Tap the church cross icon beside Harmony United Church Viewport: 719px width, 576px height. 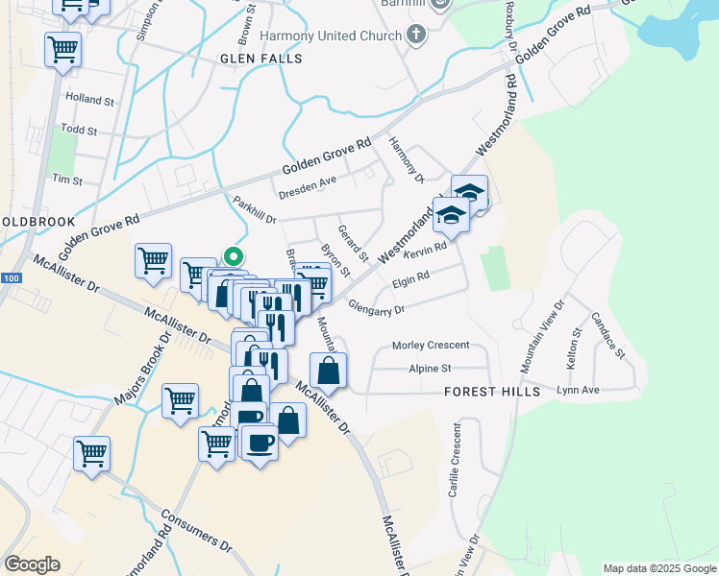tap(415, 36)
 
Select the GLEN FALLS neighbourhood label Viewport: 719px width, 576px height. tap(261, 59)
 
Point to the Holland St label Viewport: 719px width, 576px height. tap(89, 99)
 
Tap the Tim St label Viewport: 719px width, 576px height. tap(67, 180)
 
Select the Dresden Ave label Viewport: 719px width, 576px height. tap(307, 187)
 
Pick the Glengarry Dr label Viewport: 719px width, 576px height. tap(380, 309)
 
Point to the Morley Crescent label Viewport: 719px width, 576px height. tap(431, 346)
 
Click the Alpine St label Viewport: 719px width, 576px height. tap(430, 369)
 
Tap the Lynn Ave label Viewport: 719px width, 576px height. tap(578, 390)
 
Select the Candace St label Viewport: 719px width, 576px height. tap(607, 334)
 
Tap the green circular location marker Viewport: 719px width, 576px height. tap(233, 256)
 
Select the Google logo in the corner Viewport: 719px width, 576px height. tap(32, 564)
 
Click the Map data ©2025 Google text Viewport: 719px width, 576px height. tap(658, 568)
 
